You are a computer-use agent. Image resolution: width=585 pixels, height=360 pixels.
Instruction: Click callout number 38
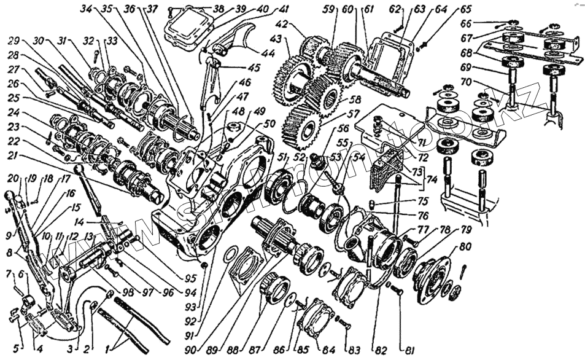point(219,9)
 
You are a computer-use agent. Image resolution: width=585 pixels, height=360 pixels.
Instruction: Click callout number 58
point(354,98)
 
